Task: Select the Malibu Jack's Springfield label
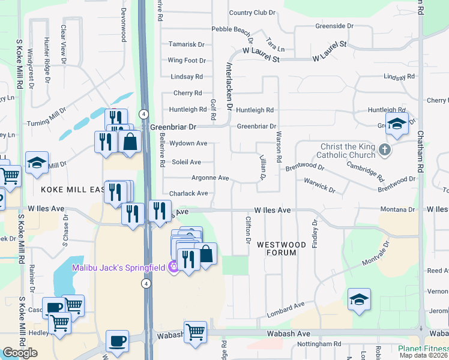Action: pyautogui.click(x=119, y=267)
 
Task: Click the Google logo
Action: pyautogui.click(x=20, y=353)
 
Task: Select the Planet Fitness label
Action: pyautogui.click(x=423, y=348)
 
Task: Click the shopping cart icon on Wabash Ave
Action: pyautogui.click(x=195, y=332)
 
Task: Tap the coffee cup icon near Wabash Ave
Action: pyautogui.click(x=117, y=340)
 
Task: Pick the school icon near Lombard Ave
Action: pyautogui.click(x=359, y=299)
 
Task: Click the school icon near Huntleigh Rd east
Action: pyautogui.click(x=397, y=124)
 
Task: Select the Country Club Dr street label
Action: pyautogui.click(x=252, y=13)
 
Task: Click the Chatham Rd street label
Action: pyautogui.click(x=420, y=150)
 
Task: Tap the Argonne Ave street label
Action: pyautogui.click(x=210, y=178)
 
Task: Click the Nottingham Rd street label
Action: pyautogui.click(x=319, y=344)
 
